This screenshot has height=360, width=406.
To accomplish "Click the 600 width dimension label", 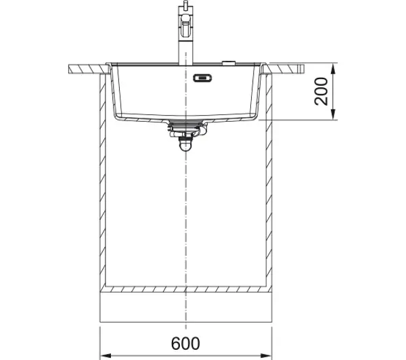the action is (185, 343).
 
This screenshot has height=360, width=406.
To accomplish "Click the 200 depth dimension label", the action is (321, 91).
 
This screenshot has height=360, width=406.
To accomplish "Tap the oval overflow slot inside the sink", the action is (202, 77).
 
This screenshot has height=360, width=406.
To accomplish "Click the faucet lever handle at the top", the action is (185, 26).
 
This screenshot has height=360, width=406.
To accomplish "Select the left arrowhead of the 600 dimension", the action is (106, 355).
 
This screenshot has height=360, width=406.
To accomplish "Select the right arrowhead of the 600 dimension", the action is (266, 355).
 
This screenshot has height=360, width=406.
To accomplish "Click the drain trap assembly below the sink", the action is (187, 135).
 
